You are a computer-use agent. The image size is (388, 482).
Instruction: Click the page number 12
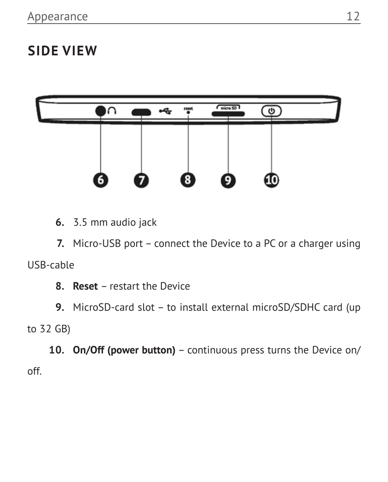(353, 16)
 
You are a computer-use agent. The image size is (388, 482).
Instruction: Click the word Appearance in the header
(57, 17)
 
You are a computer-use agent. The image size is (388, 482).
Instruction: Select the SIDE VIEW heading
(62, 51)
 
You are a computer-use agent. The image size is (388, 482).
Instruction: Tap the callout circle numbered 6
(100, 180)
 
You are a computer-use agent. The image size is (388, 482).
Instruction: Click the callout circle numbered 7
(142, 180)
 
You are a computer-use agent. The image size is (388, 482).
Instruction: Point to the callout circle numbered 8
(188, 179)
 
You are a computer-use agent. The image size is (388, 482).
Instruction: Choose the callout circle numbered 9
(228, 180)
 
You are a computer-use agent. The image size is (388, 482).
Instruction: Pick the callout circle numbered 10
(272, 180)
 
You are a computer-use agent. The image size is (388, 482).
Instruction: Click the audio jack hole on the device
(100, 111)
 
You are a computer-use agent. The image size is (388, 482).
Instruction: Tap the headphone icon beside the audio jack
(112, 111)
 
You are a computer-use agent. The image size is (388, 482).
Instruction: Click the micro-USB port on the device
(141, 112)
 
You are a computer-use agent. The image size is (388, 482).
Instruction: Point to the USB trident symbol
(165, 111)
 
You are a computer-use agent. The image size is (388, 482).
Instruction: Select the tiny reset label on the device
(188, 108)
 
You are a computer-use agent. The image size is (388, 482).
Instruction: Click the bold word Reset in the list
(85, 286)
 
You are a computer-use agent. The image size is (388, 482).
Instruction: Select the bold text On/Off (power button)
(124, 350)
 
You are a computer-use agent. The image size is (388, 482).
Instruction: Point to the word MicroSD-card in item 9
(104, 308)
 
